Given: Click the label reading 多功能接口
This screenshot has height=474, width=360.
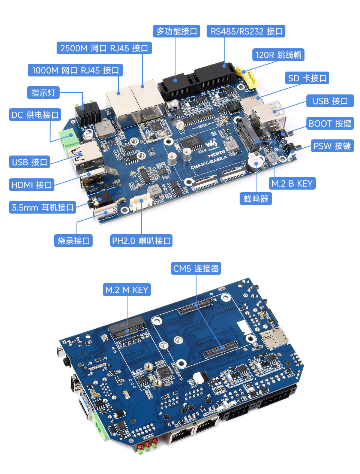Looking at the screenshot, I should pos(177,31).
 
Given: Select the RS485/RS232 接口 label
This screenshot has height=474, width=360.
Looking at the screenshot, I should pos(246,31).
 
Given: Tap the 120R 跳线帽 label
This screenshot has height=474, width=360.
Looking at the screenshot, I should pos(278,55).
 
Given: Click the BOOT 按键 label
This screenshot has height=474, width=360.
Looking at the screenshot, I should pos(330,124).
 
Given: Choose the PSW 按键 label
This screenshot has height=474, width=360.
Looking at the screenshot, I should pos(332,146).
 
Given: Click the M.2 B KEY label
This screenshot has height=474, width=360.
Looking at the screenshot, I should pos(292,183).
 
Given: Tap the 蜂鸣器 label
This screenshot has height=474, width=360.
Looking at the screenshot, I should pos(256,199).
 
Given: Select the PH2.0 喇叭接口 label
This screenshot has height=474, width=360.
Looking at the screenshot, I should pos(141,241).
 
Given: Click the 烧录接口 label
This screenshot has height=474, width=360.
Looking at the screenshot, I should pos(73,241).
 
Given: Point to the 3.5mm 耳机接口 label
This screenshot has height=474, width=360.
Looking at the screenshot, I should pos(42,207).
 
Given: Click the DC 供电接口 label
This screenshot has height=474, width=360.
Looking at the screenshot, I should pos(35,115).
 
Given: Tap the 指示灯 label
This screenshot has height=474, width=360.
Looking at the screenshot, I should pos(43,93).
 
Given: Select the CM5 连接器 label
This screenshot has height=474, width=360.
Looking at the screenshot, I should pos(196,268).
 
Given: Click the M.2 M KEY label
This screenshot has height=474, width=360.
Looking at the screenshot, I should pos(127,290).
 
